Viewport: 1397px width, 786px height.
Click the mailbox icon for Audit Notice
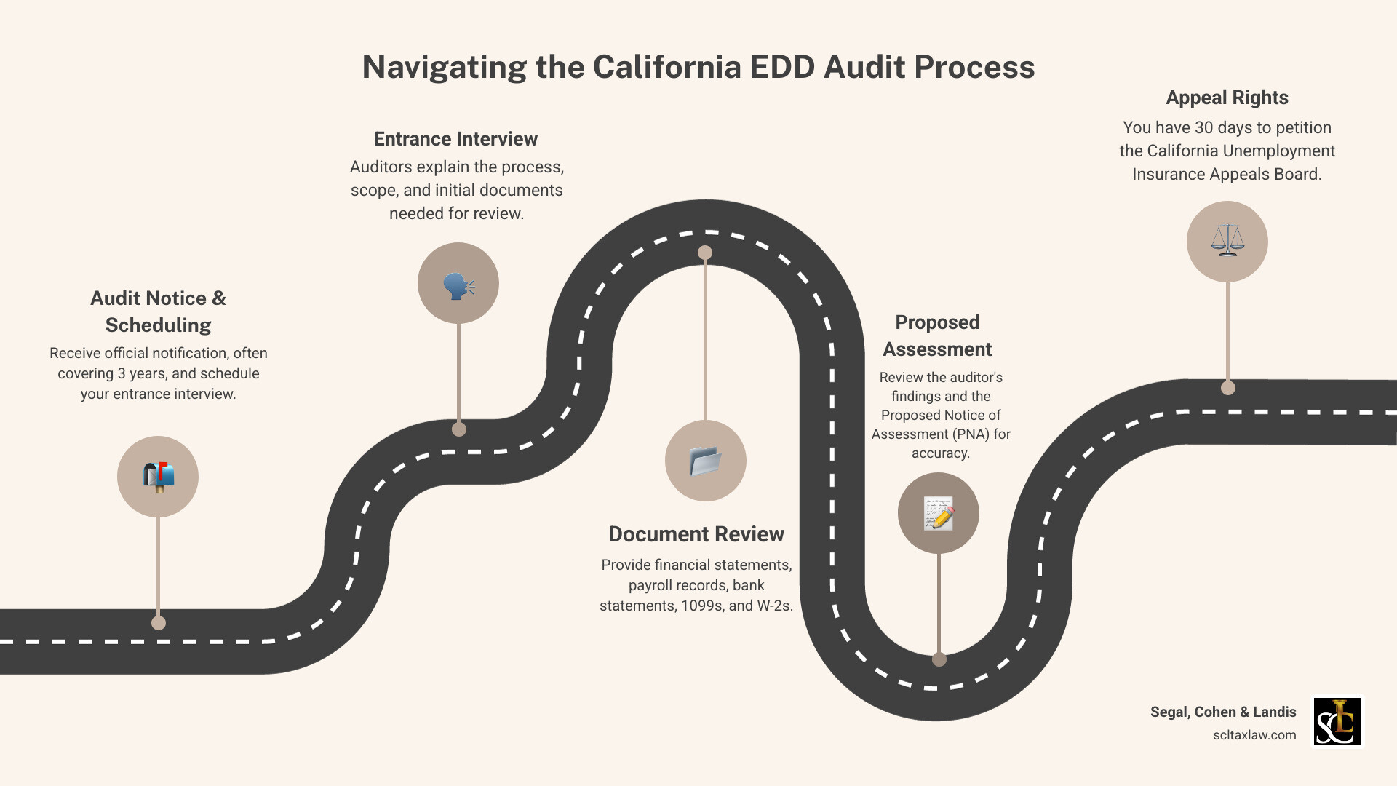(158, 477)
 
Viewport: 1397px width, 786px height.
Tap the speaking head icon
(458, 284)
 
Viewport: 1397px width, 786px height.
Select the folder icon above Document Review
(705, 461)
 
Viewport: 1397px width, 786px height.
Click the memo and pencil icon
(939, 513)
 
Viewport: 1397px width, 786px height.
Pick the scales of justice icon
(1227, 241)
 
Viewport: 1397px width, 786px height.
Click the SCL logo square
(1337, 721)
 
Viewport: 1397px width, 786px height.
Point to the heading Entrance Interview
(455, 139)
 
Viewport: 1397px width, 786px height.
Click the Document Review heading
(696, 534)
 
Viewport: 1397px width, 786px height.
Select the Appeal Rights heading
(1227, 98)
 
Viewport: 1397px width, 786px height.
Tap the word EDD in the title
(782, 67)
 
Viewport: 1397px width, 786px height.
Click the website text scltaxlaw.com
(1254, 735)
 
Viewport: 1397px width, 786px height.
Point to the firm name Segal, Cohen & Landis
(1223, 712)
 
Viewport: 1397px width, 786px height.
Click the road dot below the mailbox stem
(159, 623)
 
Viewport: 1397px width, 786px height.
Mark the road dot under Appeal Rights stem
(1228, 388)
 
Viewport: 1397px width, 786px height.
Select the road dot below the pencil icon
(939, 659)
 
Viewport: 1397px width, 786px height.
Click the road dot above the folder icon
(705, 253)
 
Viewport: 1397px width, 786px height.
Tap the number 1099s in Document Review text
(702, 606)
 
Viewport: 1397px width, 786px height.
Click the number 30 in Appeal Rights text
(1204, 127)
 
